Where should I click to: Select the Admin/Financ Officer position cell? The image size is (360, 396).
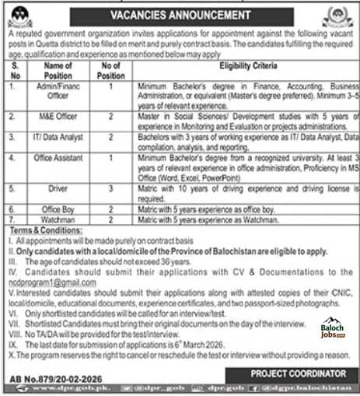58,92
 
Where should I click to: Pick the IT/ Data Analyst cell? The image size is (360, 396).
58,139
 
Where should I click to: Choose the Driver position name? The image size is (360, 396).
58,189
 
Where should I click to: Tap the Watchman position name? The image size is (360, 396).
58,221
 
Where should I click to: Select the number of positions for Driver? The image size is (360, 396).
111,189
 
